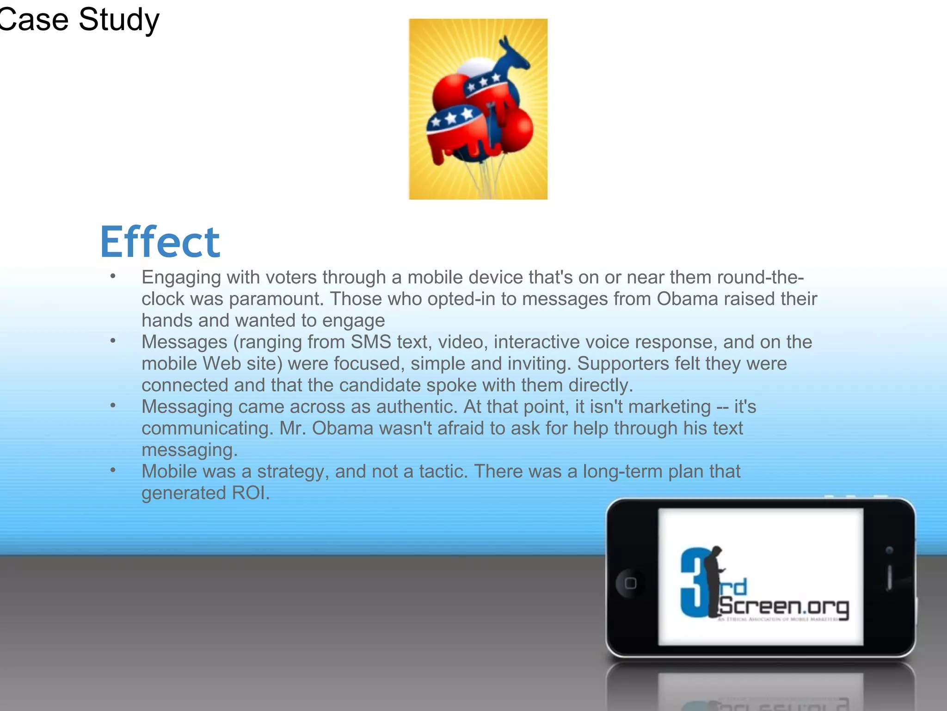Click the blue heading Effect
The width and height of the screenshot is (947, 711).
tap(160, 242)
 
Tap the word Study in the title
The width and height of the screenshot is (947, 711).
tap(119, 20)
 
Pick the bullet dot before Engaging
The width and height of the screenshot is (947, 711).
tap(113, 276)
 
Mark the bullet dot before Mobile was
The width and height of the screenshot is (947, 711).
tap(113, 470)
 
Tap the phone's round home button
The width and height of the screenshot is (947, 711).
tap(630, 583)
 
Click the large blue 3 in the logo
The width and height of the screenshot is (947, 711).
tap(694, 583)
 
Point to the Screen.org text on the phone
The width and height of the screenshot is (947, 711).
tap(784, 606)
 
